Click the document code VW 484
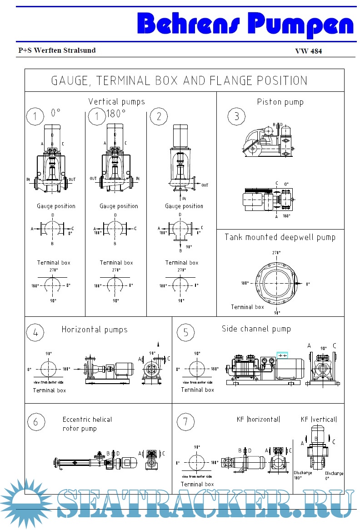click(309, 51)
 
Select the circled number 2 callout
click(159, 116)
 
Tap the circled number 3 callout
click(236, 116)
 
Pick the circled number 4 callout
click(35, 332)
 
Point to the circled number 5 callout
click(185, 332)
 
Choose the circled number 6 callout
click(35, 422)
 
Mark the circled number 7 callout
click(185, 422)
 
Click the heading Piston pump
click(280, 102)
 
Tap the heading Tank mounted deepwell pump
click(280, 237)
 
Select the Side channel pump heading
click(256, 329)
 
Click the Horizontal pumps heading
click(95, 330)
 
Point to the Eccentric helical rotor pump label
click(87, 424)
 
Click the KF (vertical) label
click(319, 419)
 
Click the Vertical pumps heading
click(116, 102)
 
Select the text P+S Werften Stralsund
click(57, 50)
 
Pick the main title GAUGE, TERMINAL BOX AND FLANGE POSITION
click(179, 81)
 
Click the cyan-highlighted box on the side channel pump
click(282, 355)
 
